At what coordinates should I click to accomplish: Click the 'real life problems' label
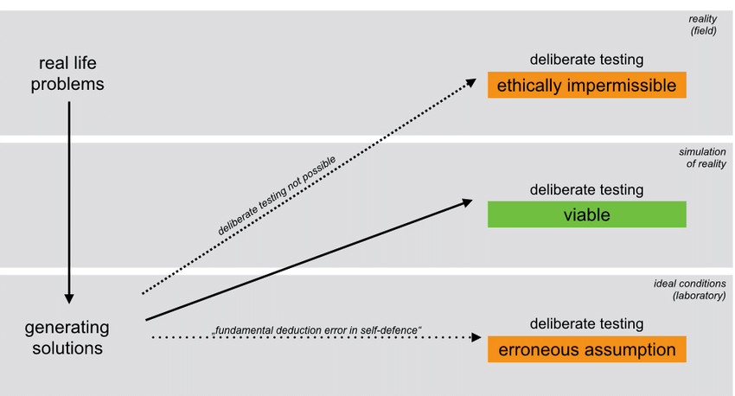coord(72,73)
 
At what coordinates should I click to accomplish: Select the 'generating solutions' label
coord(67,337)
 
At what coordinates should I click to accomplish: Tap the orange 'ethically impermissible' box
coord(586,86)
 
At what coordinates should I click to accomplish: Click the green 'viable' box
coord(586,214)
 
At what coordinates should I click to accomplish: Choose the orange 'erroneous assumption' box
coord(586,349)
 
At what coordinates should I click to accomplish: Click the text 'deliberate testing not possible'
coord(277,195)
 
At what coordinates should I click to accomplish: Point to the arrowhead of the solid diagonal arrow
coord(467,201)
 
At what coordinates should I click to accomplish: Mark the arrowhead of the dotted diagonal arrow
coord(470,81)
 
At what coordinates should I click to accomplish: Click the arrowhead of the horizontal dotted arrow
coord(476,337)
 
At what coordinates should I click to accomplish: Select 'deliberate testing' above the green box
coord(586,189)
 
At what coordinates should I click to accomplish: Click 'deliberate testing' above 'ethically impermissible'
coord(586,61)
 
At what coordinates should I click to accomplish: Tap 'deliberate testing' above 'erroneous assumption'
coord(586,324)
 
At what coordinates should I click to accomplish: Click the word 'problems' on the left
coord(72,84)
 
